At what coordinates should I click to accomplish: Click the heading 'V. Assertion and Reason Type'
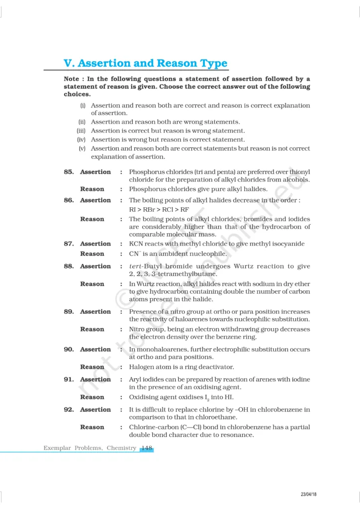146,64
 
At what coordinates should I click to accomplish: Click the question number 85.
69,172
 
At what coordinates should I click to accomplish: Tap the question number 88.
69,266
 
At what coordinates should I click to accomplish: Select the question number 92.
69,410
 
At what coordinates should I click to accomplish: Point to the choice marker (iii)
81,131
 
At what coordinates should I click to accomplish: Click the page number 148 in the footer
147,448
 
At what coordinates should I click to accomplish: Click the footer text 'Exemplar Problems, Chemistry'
90,448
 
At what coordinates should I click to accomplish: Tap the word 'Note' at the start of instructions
74,79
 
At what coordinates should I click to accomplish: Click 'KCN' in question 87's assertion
137,244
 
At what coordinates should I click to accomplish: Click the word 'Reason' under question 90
92,367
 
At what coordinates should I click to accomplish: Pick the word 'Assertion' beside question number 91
95,380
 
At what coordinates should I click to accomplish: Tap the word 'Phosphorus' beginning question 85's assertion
147,172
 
